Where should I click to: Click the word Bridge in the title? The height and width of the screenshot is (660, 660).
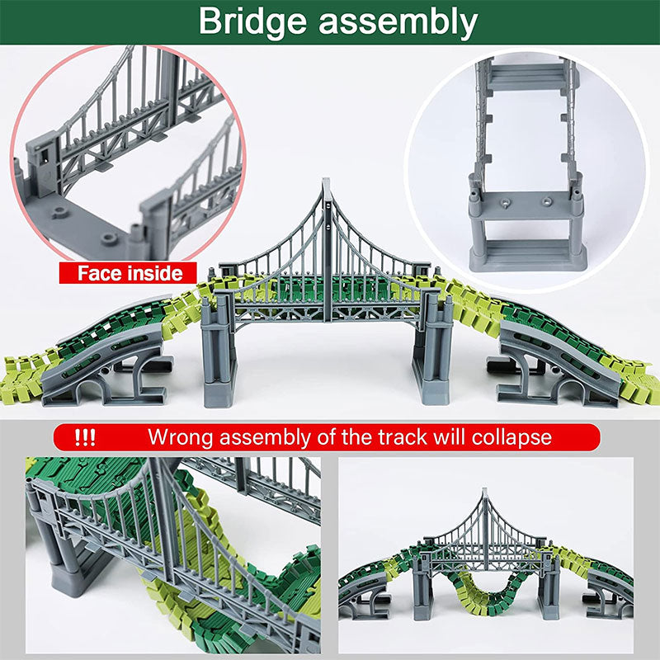point(252,22)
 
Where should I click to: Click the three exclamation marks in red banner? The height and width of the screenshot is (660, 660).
point(85,435)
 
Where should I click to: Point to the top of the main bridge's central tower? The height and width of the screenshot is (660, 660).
point(327,183)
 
